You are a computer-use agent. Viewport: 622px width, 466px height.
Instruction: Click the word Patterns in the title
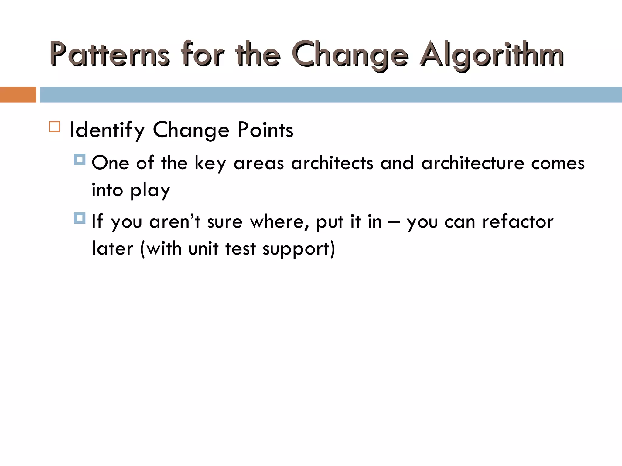coord(109,55)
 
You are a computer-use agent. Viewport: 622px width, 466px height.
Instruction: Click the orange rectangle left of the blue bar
coord(18,95)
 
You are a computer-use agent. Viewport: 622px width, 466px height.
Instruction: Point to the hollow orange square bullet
coord(54,127)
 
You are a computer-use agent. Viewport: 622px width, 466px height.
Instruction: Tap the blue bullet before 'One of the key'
coord(80,160)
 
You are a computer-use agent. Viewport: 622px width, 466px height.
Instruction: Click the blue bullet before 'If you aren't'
coord(80,218)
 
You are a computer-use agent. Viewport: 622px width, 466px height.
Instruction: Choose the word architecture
coord(473,163)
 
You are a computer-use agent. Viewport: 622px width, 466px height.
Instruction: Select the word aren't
coord(175,221)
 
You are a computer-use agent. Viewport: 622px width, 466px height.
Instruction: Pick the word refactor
coord(518,221)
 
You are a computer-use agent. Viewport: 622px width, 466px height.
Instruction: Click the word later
coord(112,249)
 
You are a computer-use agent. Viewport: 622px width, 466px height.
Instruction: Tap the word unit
coord(203,249)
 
